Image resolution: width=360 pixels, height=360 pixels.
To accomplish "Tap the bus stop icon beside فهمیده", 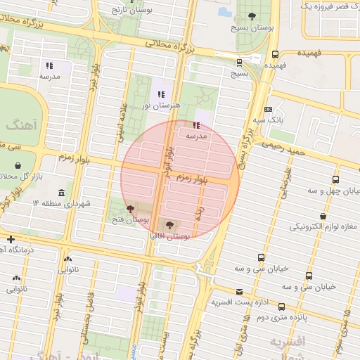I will coord(275,53).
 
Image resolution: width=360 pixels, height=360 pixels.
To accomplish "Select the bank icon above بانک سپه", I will coord(268,109).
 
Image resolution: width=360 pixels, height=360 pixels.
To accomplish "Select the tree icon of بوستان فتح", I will coord(129,209).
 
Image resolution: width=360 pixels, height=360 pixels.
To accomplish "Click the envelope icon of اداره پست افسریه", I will coord(239,291).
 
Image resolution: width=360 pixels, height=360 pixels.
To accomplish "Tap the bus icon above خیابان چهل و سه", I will coord(335,180).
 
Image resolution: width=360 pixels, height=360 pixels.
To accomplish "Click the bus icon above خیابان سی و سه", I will coord(261,258).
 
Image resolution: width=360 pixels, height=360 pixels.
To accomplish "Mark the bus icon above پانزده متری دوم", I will coord(281,307).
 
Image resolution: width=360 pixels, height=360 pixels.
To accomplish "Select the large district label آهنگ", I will coord(19,124).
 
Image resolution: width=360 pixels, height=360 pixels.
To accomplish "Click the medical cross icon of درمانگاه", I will coord(10,240).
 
